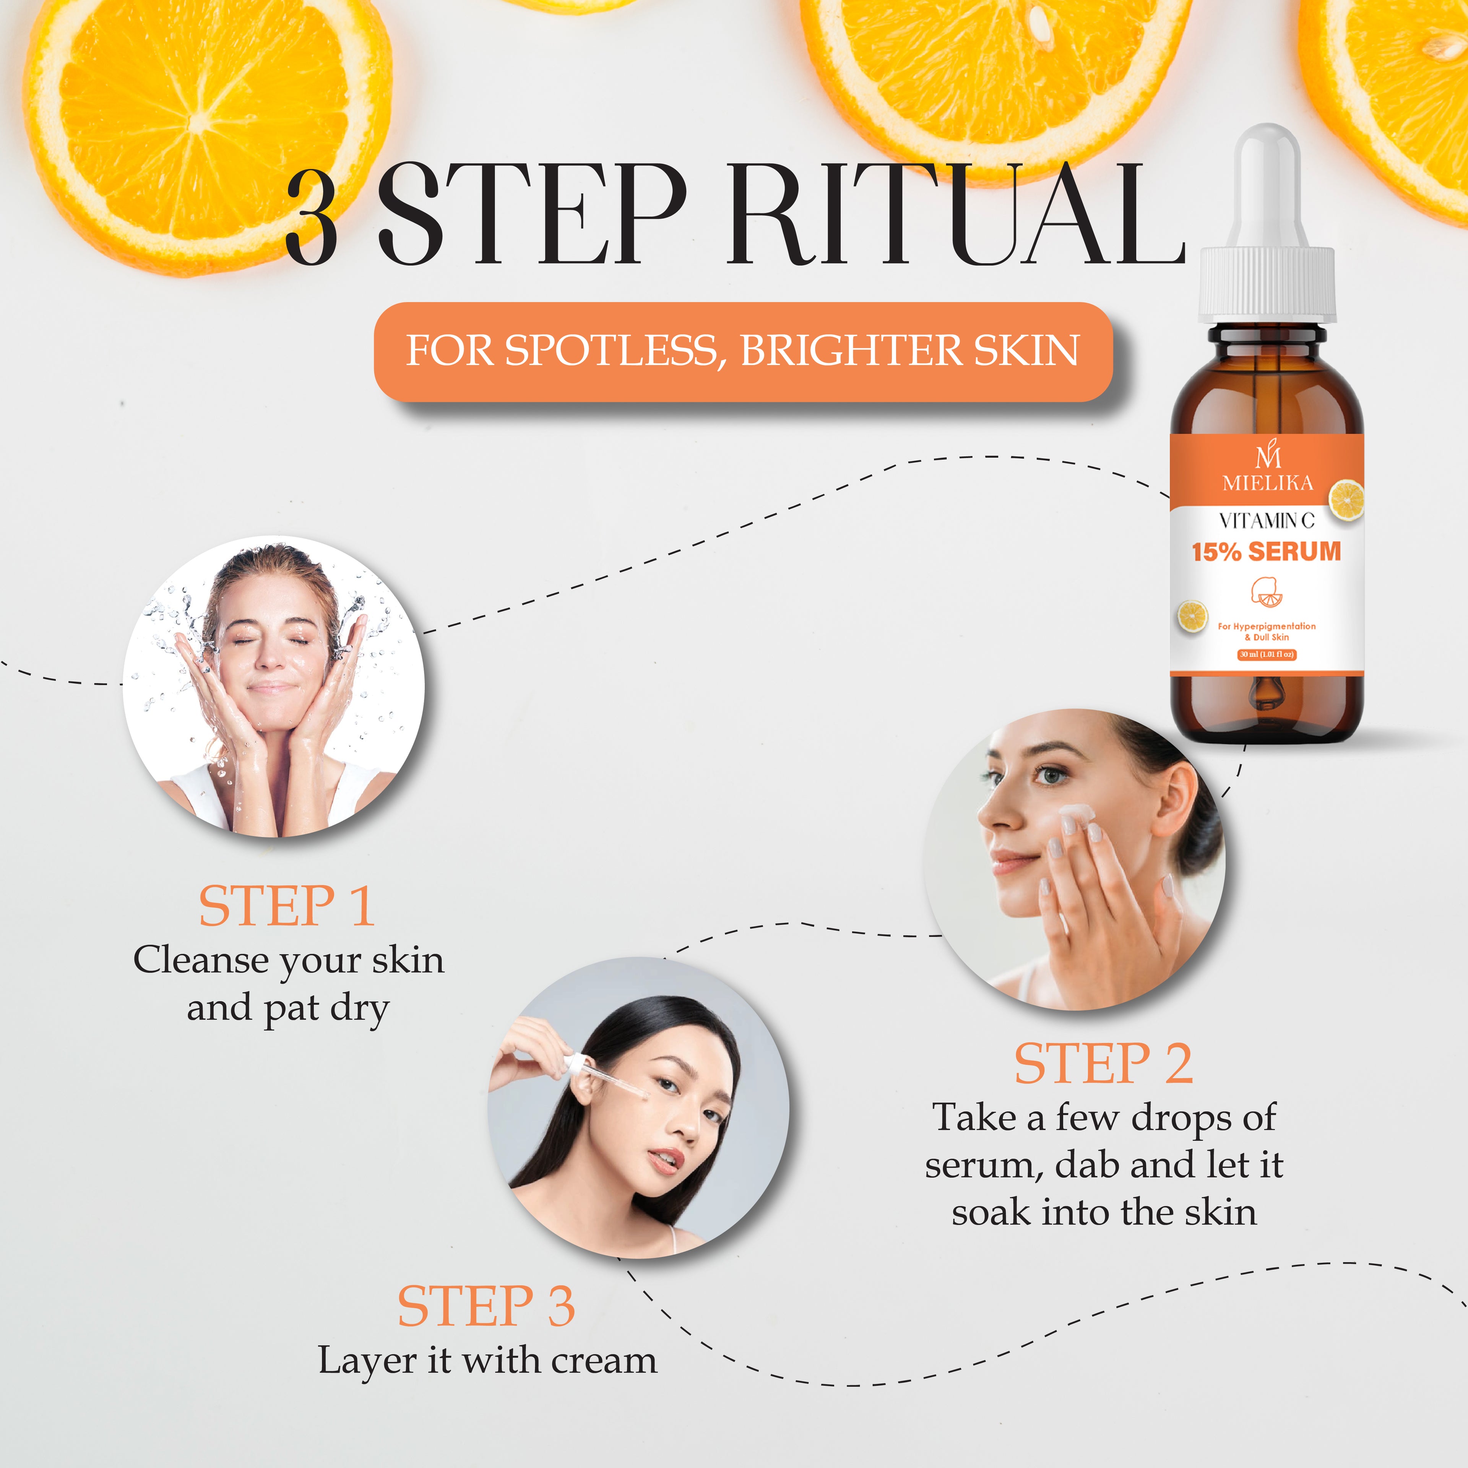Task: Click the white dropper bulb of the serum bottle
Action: click(x=1267, y=182)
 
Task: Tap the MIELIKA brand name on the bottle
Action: click(x=1267, y=482)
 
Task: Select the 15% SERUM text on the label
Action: click(x=1266, y=552)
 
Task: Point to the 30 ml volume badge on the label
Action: click(x=1266, y=654)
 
